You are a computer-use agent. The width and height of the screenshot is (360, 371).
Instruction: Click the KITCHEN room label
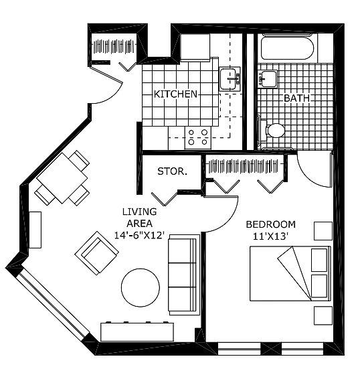(x=175, y=94)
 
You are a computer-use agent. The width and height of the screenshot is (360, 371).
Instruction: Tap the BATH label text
(x=296, y=98)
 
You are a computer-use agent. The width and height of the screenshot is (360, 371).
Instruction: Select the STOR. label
(x=173, y=171)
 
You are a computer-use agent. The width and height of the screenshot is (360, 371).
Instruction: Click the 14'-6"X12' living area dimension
(x=139, y=236)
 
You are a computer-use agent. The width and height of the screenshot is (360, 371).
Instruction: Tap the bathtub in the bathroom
(x=288, y=48)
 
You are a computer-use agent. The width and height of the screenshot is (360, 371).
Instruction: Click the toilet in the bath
(x=272, y=131)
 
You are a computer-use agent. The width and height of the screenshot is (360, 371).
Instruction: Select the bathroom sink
(x=268, y=78)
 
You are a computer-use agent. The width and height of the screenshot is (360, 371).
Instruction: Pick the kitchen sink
(x=230, y=79)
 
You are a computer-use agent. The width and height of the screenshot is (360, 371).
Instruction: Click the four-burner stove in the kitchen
(x=198, y=137)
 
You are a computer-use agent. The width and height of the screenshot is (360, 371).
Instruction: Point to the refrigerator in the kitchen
(x=195, y=48)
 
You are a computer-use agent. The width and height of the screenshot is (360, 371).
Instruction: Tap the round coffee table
(x=141, y=287)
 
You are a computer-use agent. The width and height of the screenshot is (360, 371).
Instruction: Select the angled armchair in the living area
(x=96, y=253)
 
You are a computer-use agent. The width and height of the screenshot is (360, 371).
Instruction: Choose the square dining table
(x=62, y=178)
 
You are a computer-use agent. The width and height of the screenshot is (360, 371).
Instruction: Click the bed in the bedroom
(x=290, y=273)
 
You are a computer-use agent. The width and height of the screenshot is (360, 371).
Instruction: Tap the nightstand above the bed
(x=323, y=231)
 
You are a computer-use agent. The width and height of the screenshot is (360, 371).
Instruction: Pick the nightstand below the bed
(x=323, y=315)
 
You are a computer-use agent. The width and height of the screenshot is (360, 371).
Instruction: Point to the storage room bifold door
(x=165, y=199)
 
